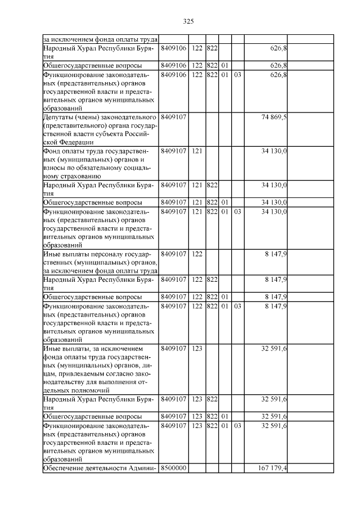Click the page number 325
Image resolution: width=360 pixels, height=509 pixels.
[188, 21]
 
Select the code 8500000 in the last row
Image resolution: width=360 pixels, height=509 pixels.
[173, 468]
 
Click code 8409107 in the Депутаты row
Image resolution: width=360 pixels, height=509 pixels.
[173, 117]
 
